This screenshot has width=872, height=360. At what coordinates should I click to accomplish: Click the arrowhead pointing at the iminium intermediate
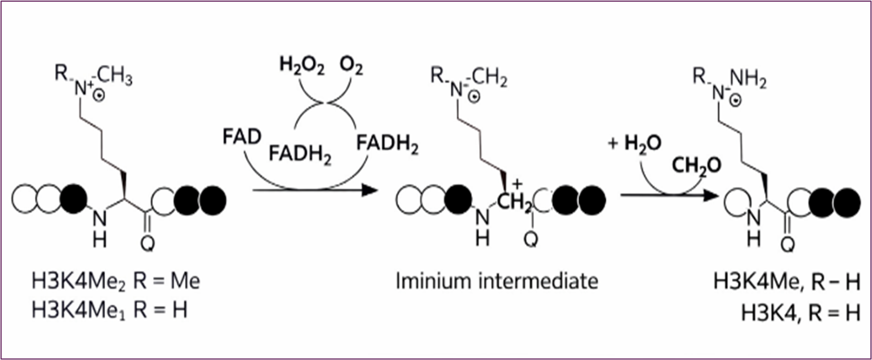click(x=368, y=191)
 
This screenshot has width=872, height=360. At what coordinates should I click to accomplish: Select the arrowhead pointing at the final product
click(x=711, y=197)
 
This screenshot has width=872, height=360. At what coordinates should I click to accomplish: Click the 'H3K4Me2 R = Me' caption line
click(x=115, y=281)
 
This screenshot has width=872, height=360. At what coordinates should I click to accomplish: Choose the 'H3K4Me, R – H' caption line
click(x=786, y=282)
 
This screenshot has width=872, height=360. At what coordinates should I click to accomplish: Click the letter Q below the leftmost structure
click(x=148, y=244)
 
